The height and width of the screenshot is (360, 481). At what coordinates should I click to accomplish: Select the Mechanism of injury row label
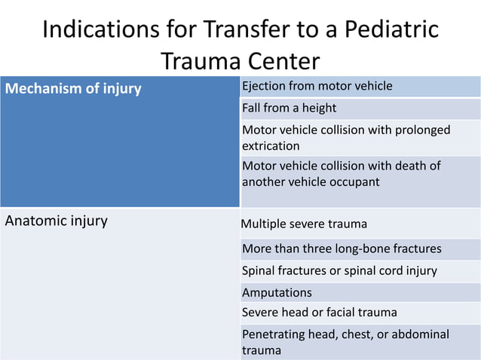[73, 89]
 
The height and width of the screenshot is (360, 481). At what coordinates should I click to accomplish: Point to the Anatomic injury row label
[57, 221]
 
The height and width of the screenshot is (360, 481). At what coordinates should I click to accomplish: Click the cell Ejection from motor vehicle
[317, 86]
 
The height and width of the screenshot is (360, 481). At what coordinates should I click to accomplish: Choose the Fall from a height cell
[289, 108]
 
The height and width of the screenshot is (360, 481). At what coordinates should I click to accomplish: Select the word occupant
[354, 182]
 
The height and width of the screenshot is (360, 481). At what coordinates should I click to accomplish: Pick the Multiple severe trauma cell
[304, 224]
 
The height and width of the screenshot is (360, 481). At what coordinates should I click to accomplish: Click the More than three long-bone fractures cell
[342, 249]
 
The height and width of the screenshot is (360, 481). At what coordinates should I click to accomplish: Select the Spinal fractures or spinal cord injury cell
[339, 270]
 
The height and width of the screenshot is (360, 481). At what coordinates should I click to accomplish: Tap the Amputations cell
[277, 292]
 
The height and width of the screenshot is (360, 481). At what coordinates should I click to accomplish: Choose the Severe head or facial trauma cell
[319, 312]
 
